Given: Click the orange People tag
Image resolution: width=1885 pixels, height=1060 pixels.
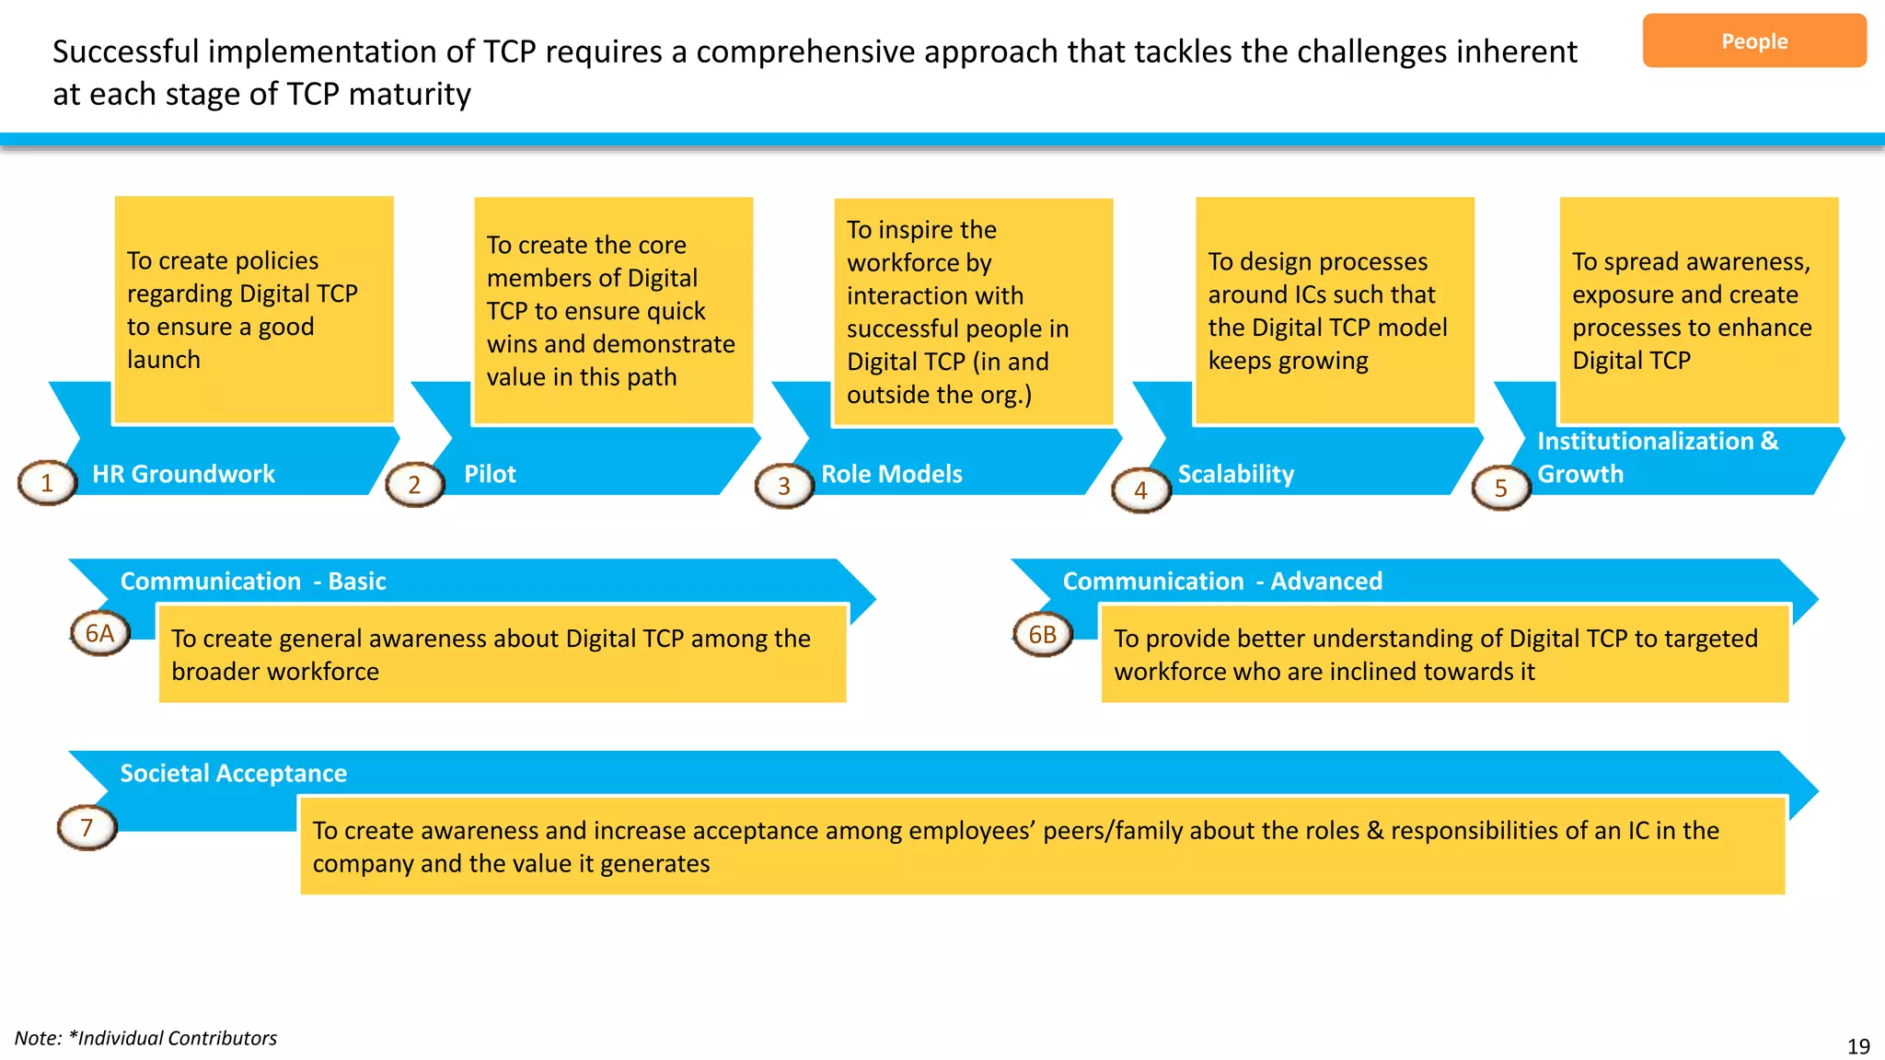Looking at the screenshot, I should (x=1753, y=41).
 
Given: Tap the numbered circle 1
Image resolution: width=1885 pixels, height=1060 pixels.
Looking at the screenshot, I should (x=47, y=482).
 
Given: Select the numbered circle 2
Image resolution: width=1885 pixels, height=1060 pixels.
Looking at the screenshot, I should (x=414, y=484).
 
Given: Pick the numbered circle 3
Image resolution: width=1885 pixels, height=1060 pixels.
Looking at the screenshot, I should (x=784, y=486).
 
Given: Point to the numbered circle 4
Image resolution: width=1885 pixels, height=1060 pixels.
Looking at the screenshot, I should (x=1140, y=490).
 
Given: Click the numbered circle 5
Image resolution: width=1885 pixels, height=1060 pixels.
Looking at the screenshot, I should (x=1500, y=488).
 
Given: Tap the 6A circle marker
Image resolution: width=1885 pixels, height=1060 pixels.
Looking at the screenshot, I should (x=99, y=633).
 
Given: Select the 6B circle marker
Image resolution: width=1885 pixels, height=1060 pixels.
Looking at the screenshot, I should (x=1042, y=634).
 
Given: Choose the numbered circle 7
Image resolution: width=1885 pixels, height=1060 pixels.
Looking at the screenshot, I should (x=87, y=827).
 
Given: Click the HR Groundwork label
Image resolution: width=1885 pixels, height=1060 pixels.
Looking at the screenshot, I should (x=183, y=474).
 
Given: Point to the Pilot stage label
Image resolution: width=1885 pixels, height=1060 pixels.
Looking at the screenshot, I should (x=490, y=474).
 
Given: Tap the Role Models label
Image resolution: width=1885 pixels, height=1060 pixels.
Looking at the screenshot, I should (x=891, y=474).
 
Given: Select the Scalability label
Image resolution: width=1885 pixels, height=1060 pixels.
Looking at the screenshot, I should (x=1235, y=474).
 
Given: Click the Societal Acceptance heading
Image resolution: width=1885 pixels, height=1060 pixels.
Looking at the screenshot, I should (x=233, y=773).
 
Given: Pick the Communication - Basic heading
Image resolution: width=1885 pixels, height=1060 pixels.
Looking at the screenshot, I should (x=253, y=582).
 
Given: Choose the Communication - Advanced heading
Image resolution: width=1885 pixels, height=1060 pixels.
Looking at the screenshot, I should (x=1222, y=582).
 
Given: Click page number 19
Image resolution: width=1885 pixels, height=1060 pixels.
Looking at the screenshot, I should (x=1857, y=1046).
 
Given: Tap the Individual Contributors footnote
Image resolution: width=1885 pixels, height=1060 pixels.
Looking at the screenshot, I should (x=145, y=1038).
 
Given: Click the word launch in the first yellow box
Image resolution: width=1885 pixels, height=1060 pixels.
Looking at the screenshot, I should (x=164, y=360).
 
